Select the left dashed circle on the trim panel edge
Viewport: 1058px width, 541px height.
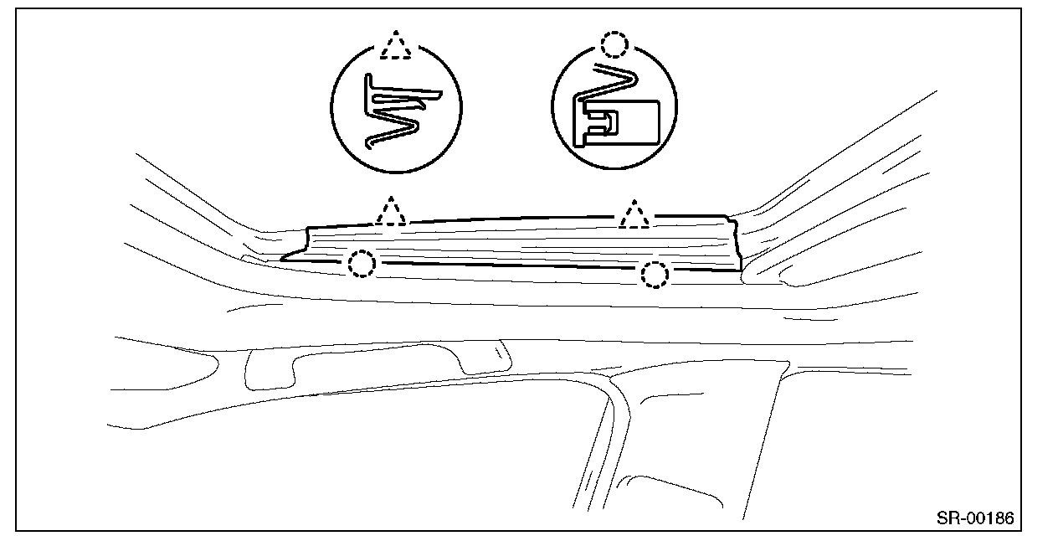(361, 265)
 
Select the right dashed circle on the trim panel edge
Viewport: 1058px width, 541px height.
(654, 274)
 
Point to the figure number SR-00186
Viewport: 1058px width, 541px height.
(975, 518)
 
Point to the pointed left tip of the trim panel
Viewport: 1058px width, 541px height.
(285, 258)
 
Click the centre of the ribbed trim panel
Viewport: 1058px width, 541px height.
(519, 243)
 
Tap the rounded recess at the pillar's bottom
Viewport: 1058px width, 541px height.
(670, 494)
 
